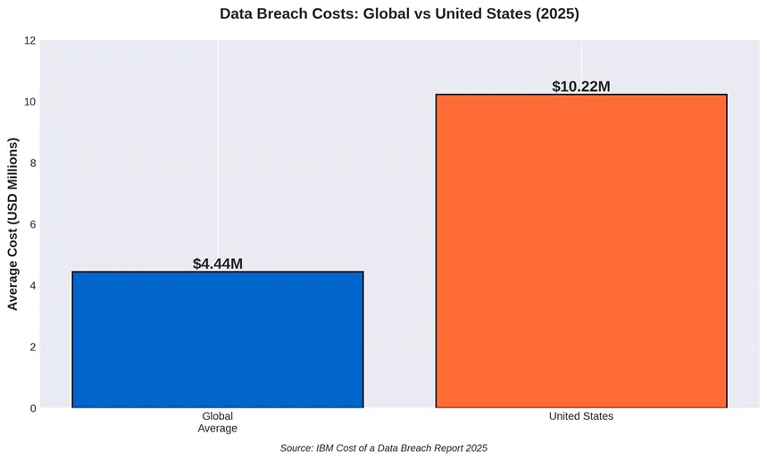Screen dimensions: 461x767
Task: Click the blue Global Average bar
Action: point(218,339)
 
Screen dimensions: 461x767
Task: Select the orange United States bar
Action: point(581,251)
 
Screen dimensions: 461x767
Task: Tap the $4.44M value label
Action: point(218,264)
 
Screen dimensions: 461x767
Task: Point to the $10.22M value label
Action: point(581,87)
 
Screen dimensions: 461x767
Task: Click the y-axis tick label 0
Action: point(32,408)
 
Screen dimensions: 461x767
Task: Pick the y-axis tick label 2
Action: point(32,347)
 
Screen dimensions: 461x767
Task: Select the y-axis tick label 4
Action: point(32,286)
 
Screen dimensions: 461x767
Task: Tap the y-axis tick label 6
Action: point(32,224)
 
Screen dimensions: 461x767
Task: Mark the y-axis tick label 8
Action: point(32,163)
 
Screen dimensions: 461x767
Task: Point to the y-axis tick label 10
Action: point(29,102)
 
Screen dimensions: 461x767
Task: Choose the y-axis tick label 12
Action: point(29,41)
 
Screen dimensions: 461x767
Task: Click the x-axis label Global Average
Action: point(218,423)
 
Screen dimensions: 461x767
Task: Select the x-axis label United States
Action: point(581,416)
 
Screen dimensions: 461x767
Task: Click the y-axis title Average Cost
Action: point(13,224)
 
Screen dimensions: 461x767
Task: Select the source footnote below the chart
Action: point(383,448)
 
